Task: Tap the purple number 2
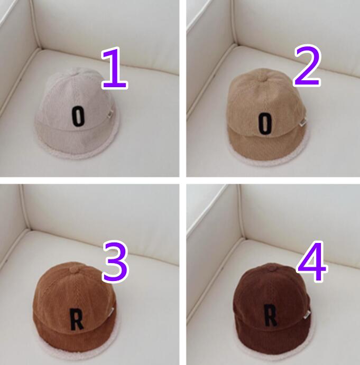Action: click(x=308, y=65)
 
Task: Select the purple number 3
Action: click(x=115, y=261)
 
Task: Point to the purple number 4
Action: click(x=312, y=261)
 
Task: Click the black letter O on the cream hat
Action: click(x=78, y=116)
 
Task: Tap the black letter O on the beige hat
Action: click(x=265, y=124)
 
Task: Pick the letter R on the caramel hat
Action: click(x=77, y=319)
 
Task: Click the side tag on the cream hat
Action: click(x=110, y=114)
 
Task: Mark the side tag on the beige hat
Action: click(x=303, y=122)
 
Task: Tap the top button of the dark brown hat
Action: click(x=271, y=268)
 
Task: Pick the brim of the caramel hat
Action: click(x=75, y=338)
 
